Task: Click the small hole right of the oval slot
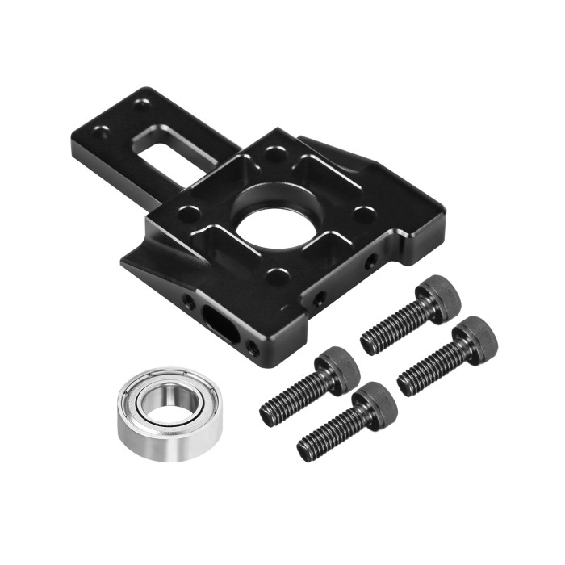pyautogui.click(x=253, y=348)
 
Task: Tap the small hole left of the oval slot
pyautogui.click(x=188, y=301)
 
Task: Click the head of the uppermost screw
pyautogui.click(x=440, y=296)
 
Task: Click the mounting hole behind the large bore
pyautogui.click(x=275, y=152)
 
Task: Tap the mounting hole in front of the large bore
pyautogui.click(x=277, y=278)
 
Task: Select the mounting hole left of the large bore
pyautogui.click(x=189, y=215)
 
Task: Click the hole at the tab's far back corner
pyautogui.click(x=142, y=104)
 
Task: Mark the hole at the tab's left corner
pyautogui.click(x=102, y=132)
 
